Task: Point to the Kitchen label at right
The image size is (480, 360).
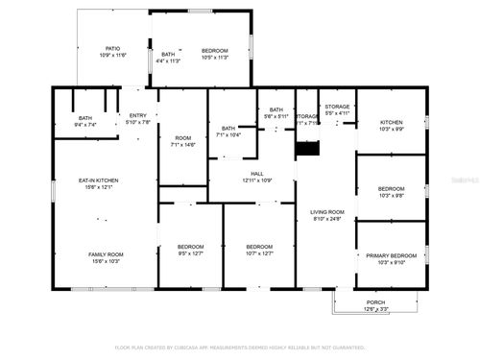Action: (391, 122)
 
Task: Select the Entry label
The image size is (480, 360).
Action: (138, 115)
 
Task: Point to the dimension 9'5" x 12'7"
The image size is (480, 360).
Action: (191, 252)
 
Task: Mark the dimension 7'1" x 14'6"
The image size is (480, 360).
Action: (182, 145)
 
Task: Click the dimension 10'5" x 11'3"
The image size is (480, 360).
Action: (214, 58)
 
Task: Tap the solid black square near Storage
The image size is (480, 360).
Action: (307, 149)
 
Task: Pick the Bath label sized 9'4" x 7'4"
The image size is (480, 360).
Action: (85, 118)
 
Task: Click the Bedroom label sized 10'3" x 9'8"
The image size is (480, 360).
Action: (391, 188)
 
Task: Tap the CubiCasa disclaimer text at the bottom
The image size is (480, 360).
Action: (240, 347)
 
